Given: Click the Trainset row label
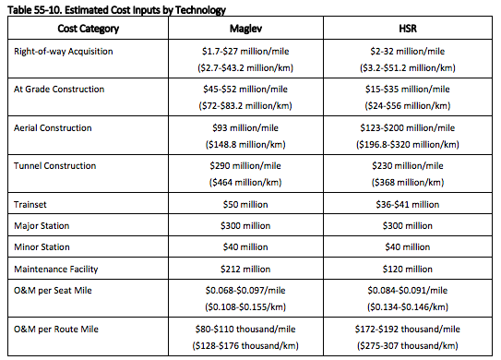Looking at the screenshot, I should (x=34, y=204).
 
